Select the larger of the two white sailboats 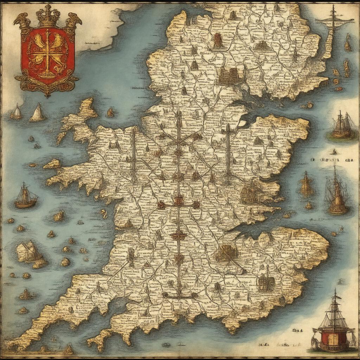click(x=37, y=112)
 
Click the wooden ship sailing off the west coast click(x=26, y=196)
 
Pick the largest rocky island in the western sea click(x=30, y=251)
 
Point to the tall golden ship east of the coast click(x=337, y=193)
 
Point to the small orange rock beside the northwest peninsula click(x=110, y=113)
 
